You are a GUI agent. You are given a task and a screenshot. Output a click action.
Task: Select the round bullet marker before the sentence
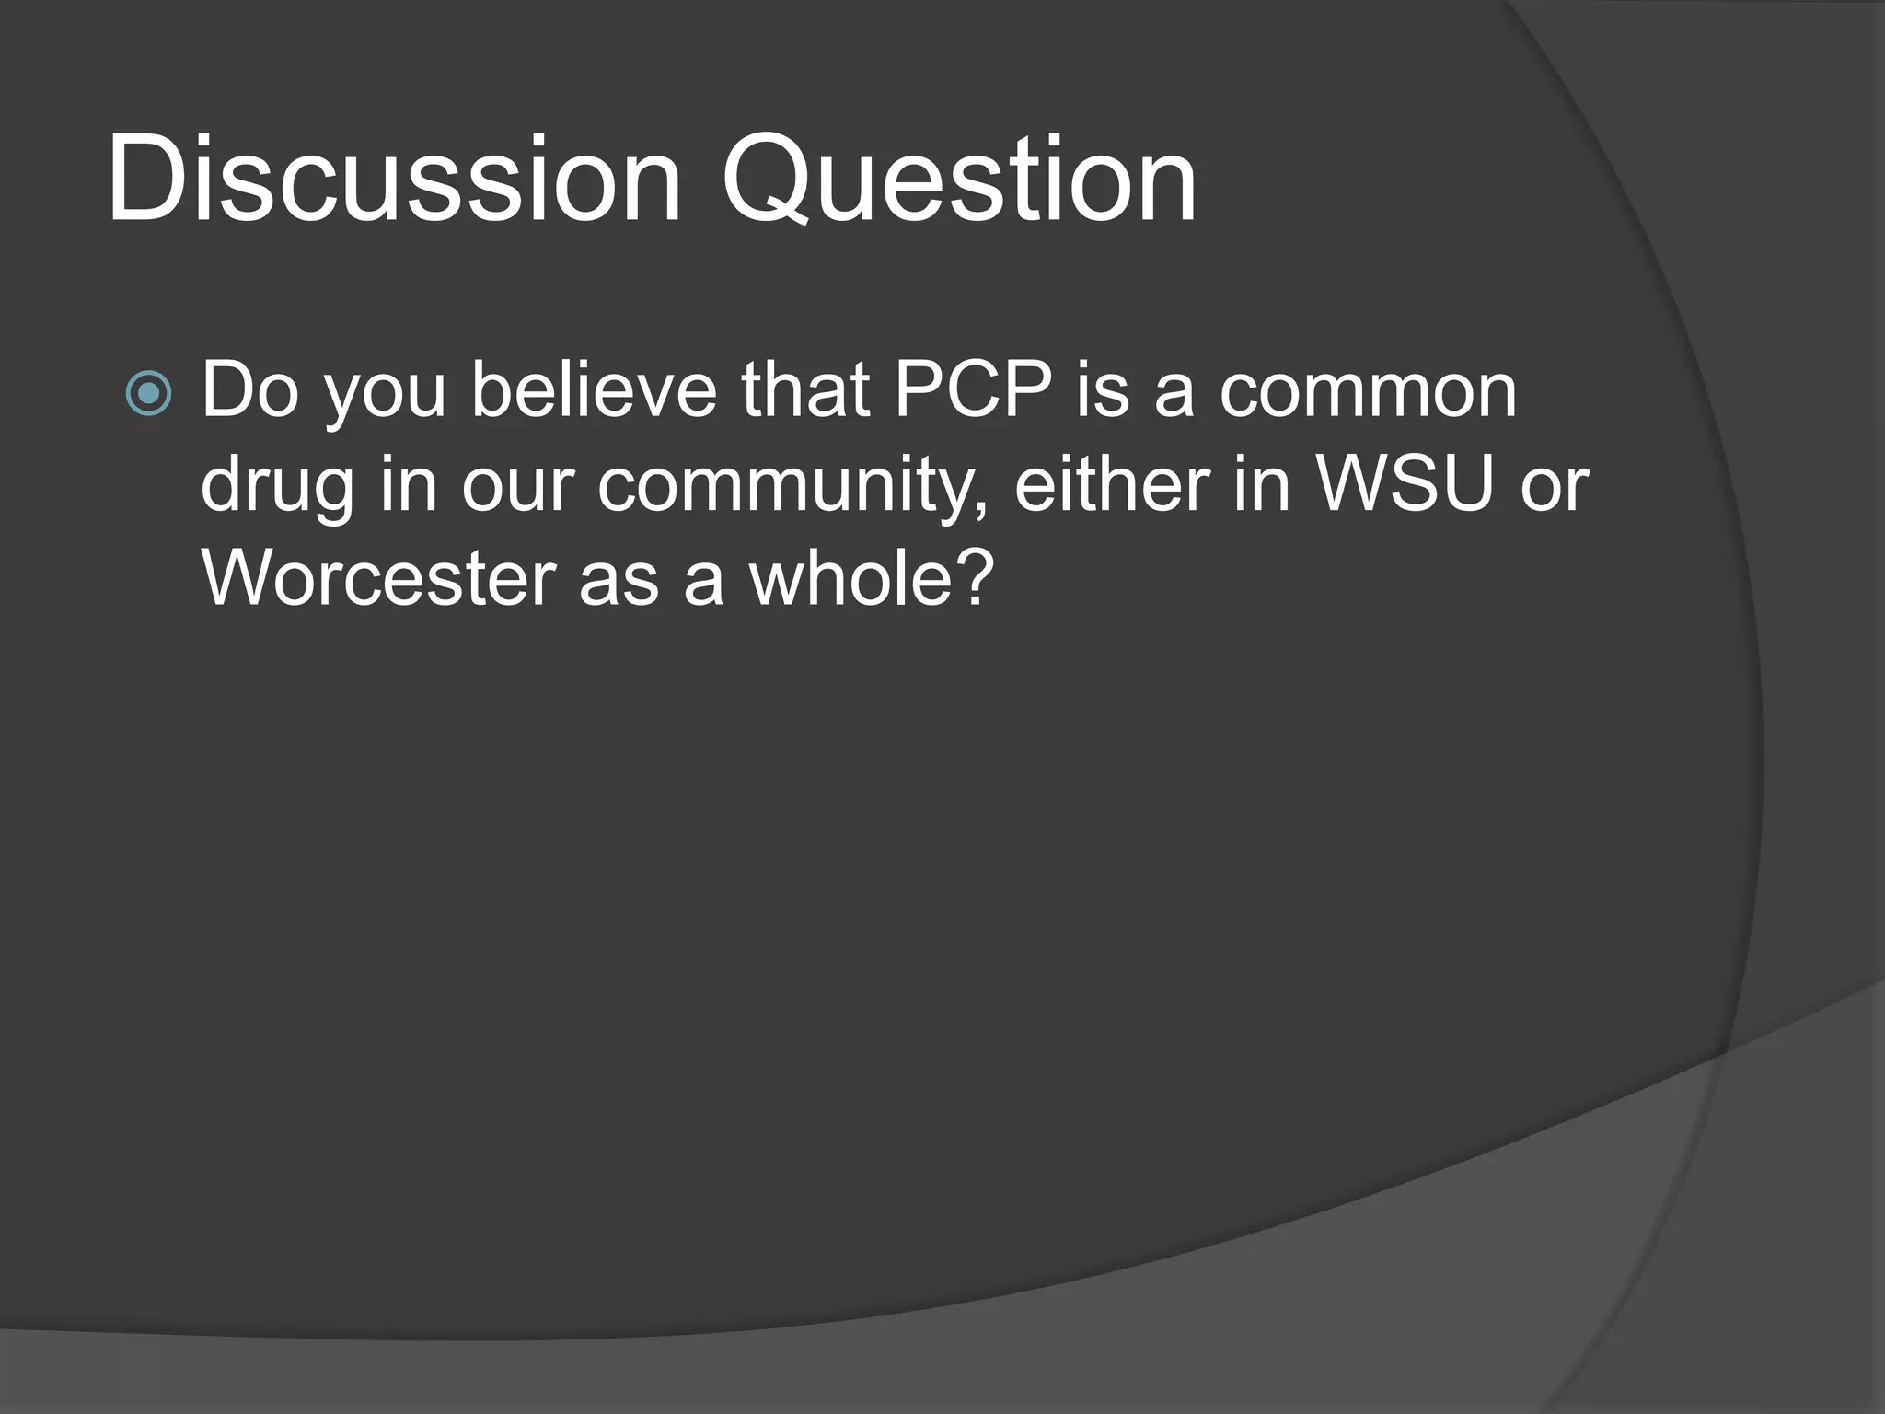pos(148,394)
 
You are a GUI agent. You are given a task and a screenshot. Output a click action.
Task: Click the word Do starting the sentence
pos(249,391)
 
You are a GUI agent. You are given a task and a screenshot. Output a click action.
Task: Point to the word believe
pos(594,391)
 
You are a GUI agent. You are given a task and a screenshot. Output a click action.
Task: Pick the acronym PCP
pos(973,391)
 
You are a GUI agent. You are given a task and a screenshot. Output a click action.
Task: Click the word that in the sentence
pos(806,391)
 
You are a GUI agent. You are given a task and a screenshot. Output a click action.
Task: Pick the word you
pos(386,397)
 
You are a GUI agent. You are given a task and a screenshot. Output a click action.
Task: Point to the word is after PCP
pos(1102,391)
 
